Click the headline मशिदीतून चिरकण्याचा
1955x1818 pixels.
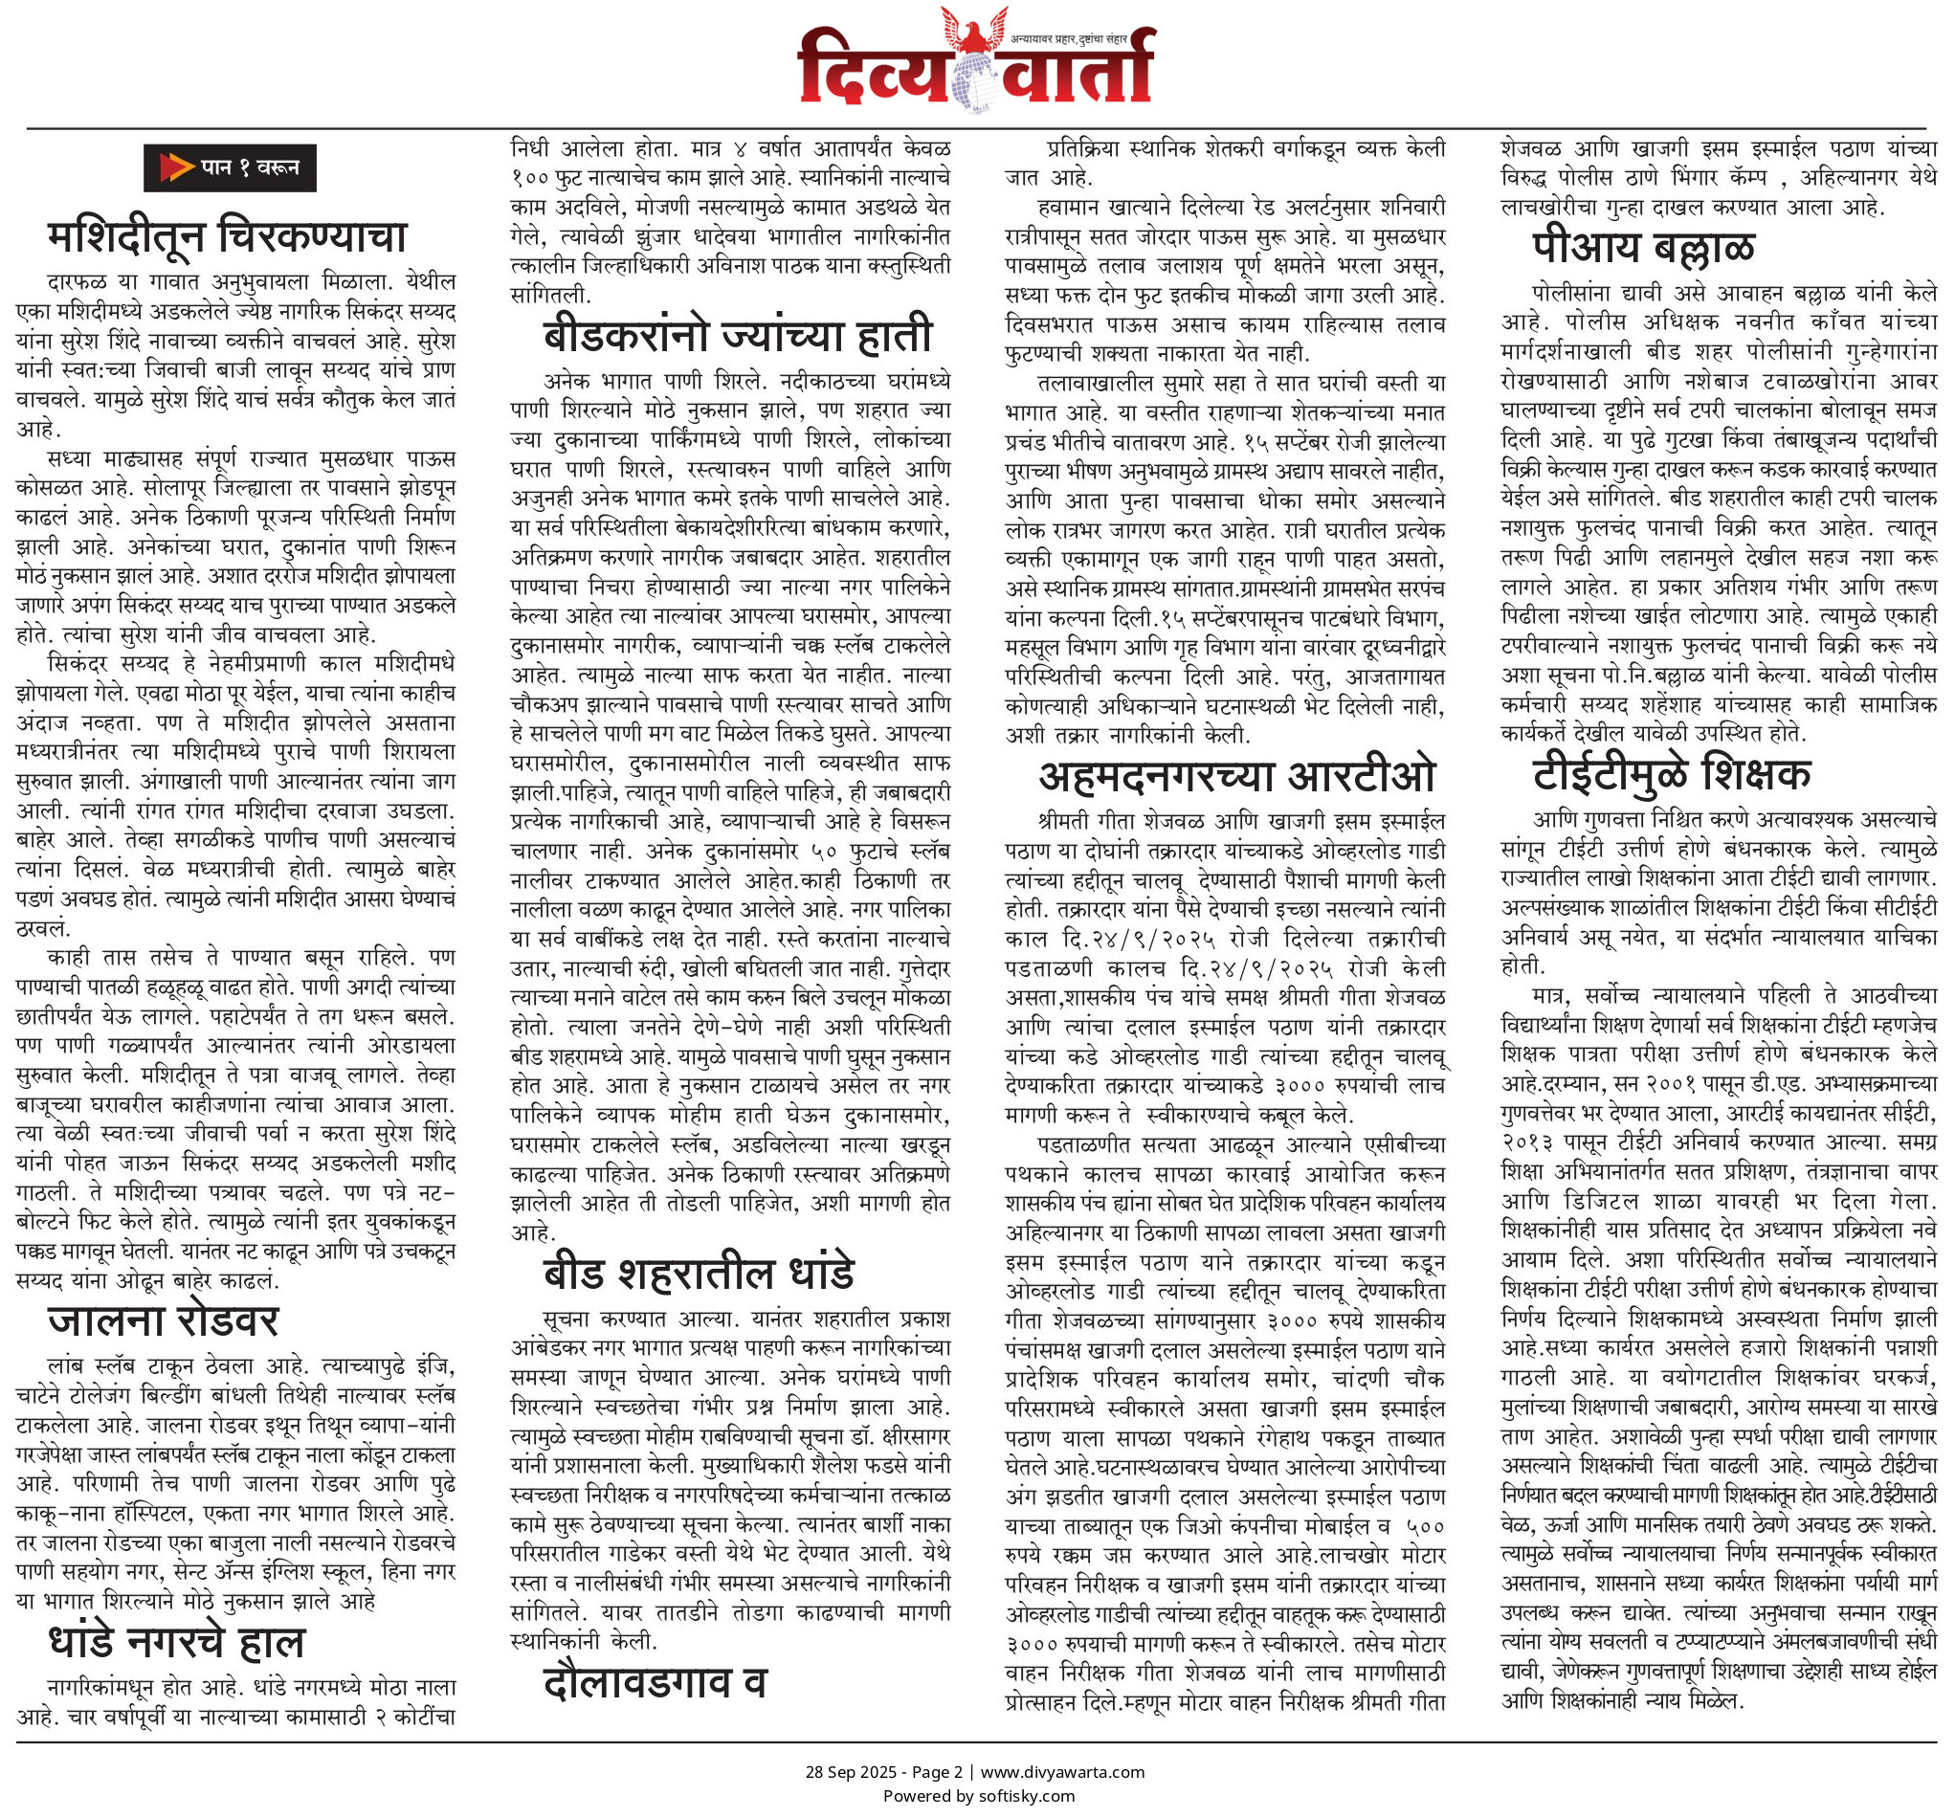(x=226, y=237)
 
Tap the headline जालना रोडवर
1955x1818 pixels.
(x=164, y=1320)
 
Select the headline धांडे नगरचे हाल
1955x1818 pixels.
(x=176, y=1642)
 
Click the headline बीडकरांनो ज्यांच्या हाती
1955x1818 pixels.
(x=737, y=335)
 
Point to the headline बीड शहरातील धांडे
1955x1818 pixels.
(x=699, y=1273)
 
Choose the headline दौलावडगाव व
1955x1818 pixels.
(x=654, y=1682)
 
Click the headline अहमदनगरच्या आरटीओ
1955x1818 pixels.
(x=1237, y=776)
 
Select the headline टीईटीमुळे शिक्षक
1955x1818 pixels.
(x=1671, y=774)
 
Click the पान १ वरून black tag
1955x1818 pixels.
(x=229, y=168)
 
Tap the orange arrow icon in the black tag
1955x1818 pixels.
(x=175, y=168)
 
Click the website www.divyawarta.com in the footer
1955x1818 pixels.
(x=1062, y=1772)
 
